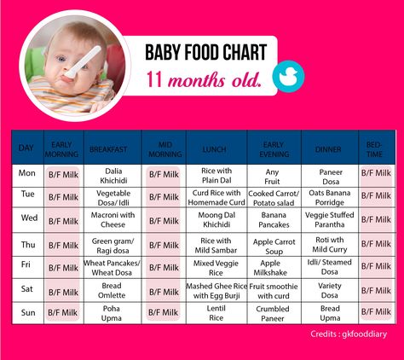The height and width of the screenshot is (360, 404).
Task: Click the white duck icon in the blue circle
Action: tap(288, 77)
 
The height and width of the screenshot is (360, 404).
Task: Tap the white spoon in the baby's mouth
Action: tap(83, 61)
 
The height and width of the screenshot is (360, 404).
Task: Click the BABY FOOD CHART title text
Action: tap(206, 53)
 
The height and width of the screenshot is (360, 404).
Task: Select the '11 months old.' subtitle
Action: tap(204, 79)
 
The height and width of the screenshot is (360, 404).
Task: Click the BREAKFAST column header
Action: tap(108, 149)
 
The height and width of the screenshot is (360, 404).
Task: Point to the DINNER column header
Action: tap(328, 149)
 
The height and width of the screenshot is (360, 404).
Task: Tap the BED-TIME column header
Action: tap(374, 149)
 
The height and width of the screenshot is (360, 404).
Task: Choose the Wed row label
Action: tap(29, 218)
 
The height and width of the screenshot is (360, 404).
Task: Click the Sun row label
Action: tap(28, 312)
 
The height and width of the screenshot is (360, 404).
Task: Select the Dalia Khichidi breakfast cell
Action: tap(113, 176)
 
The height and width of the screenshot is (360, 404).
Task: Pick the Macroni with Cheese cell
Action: tap(113, 219)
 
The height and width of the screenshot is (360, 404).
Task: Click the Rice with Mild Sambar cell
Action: tap(216, 246)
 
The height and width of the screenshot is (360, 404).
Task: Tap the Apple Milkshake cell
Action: tap(270, 268)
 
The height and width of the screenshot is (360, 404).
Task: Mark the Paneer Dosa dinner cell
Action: tap(331, 177)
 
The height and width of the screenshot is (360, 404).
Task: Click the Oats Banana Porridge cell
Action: tap(330, 198)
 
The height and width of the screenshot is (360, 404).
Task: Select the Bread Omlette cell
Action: tap(112, 290)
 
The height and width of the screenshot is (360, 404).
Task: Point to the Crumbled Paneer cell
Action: tap(273, 313)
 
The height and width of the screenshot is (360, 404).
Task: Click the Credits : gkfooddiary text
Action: tap(349, 334)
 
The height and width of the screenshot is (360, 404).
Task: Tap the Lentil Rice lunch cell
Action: tap(216, 313)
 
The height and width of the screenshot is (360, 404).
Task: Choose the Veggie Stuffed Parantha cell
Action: tap(330, 219)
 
